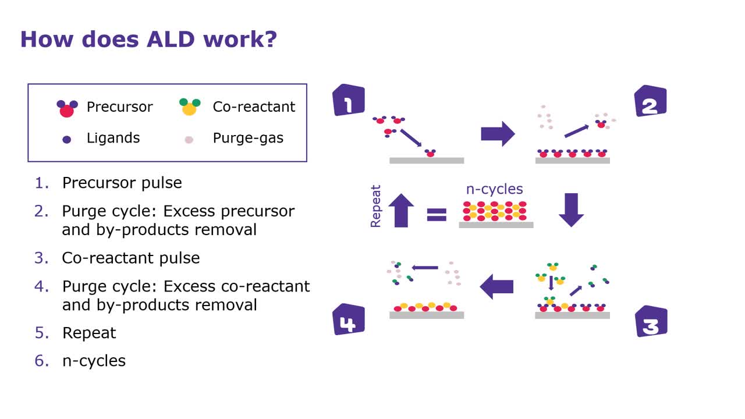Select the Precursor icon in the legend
(67, 108)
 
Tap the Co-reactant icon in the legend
(190, 106)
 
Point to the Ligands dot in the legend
(67, 140)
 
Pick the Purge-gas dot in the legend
(189, 140)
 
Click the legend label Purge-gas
(248, 138)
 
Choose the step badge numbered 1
(348, 100)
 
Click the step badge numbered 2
(650, 101)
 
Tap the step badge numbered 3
(651, 321)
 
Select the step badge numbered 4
(348, 319)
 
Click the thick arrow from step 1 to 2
(498, 134)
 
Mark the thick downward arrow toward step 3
(571, 210)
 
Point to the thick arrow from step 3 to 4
(496, 286)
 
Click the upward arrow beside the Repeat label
(401, 210)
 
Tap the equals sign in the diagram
(437, 215)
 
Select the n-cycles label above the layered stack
(494, 189)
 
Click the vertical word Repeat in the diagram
(376, 206)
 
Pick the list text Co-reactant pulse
(131, 258)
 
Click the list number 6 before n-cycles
(41, 361)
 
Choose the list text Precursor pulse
(122, 183)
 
